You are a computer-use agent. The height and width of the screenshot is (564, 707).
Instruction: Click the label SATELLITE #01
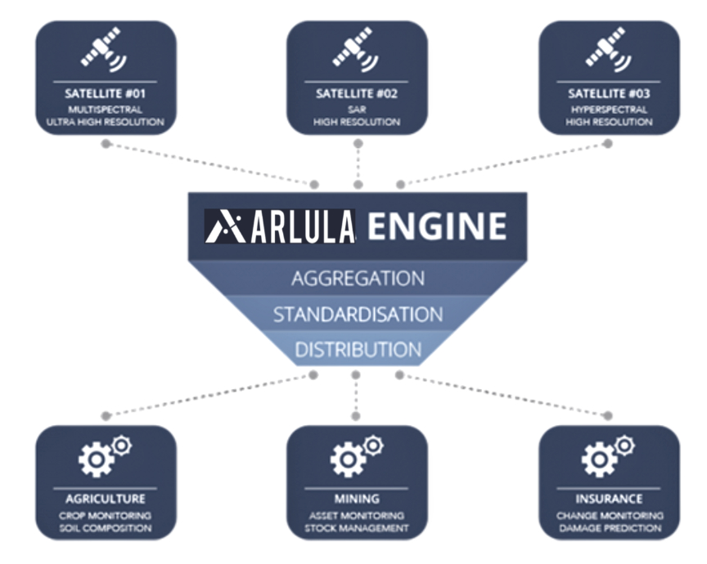point(105,94)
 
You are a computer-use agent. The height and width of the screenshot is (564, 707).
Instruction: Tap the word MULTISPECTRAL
point(105,108)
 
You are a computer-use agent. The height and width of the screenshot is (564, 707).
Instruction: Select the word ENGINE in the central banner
point(436,226)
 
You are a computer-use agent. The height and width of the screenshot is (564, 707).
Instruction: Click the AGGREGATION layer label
point(358,278)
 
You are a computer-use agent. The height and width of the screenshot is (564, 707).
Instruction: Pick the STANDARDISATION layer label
point(358,314)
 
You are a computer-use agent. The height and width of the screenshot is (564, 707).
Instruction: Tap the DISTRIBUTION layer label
point(358,350)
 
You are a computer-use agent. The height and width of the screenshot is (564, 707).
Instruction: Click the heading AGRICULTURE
point(105,498)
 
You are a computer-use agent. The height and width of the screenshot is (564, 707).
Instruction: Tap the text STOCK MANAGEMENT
point(357,528)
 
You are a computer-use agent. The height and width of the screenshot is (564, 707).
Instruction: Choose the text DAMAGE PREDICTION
point(609,528)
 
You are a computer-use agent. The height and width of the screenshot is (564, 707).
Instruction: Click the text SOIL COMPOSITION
point(105,528)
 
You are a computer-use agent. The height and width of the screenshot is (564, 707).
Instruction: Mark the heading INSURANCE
point(609,498)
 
